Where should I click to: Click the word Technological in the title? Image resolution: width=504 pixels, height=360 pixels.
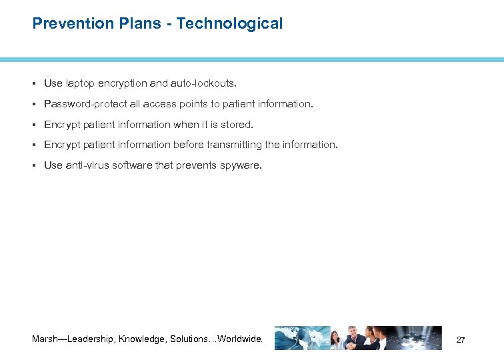(x=229, y=23)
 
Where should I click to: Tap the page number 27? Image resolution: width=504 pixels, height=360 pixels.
(x=461, y=340)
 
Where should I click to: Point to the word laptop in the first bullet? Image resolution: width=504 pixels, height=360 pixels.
(x=80, y=83)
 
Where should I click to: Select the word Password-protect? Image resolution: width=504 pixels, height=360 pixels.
(x=83, y=104)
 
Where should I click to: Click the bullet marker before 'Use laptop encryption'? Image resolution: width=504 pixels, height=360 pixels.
(x=34, y=83)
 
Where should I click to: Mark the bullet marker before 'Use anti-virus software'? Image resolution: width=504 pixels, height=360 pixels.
(x=34, y=165)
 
